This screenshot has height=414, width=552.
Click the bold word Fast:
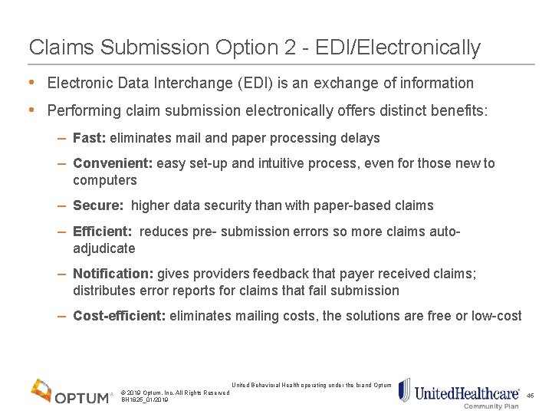(x=90, y=138)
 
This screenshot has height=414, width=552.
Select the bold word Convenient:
(x=113, y=163)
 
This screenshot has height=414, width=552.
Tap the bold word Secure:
(x=98, y=205)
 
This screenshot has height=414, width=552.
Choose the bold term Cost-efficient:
(x=119, y=316)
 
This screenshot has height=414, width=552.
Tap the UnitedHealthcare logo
(x=458, y=392)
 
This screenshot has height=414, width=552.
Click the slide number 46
(x=530, y=396)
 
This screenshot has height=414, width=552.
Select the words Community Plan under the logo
(x=491, y=406)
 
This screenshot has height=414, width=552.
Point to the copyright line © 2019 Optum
(x=175, y=393)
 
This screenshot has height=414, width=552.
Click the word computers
(x=104, y=181)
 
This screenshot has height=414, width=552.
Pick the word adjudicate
(x=103, y=248)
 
